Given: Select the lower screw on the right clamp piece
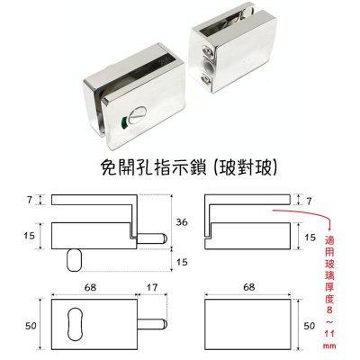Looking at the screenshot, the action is [x=207, y=79].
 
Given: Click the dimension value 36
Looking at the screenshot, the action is [x=182, y=222].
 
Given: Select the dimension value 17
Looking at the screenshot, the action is [x=152, y=287].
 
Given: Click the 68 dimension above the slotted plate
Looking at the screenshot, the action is [x=90, y=287].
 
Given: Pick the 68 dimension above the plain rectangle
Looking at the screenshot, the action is [x=249, y=287].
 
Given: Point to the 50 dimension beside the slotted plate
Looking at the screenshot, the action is [x=31, y=326].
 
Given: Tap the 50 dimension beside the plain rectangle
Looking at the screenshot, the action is [x=310, y=326].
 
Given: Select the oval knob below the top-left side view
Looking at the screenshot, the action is [x=74, y=260].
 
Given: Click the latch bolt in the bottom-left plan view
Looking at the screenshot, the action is [x=152, y=324].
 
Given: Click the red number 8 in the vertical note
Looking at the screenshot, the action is [x=330, y=310].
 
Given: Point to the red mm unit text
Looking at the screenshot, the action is [x=330, y=346].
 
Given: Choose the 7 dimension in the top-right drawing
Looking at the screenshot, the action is [x=309, y=201].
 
